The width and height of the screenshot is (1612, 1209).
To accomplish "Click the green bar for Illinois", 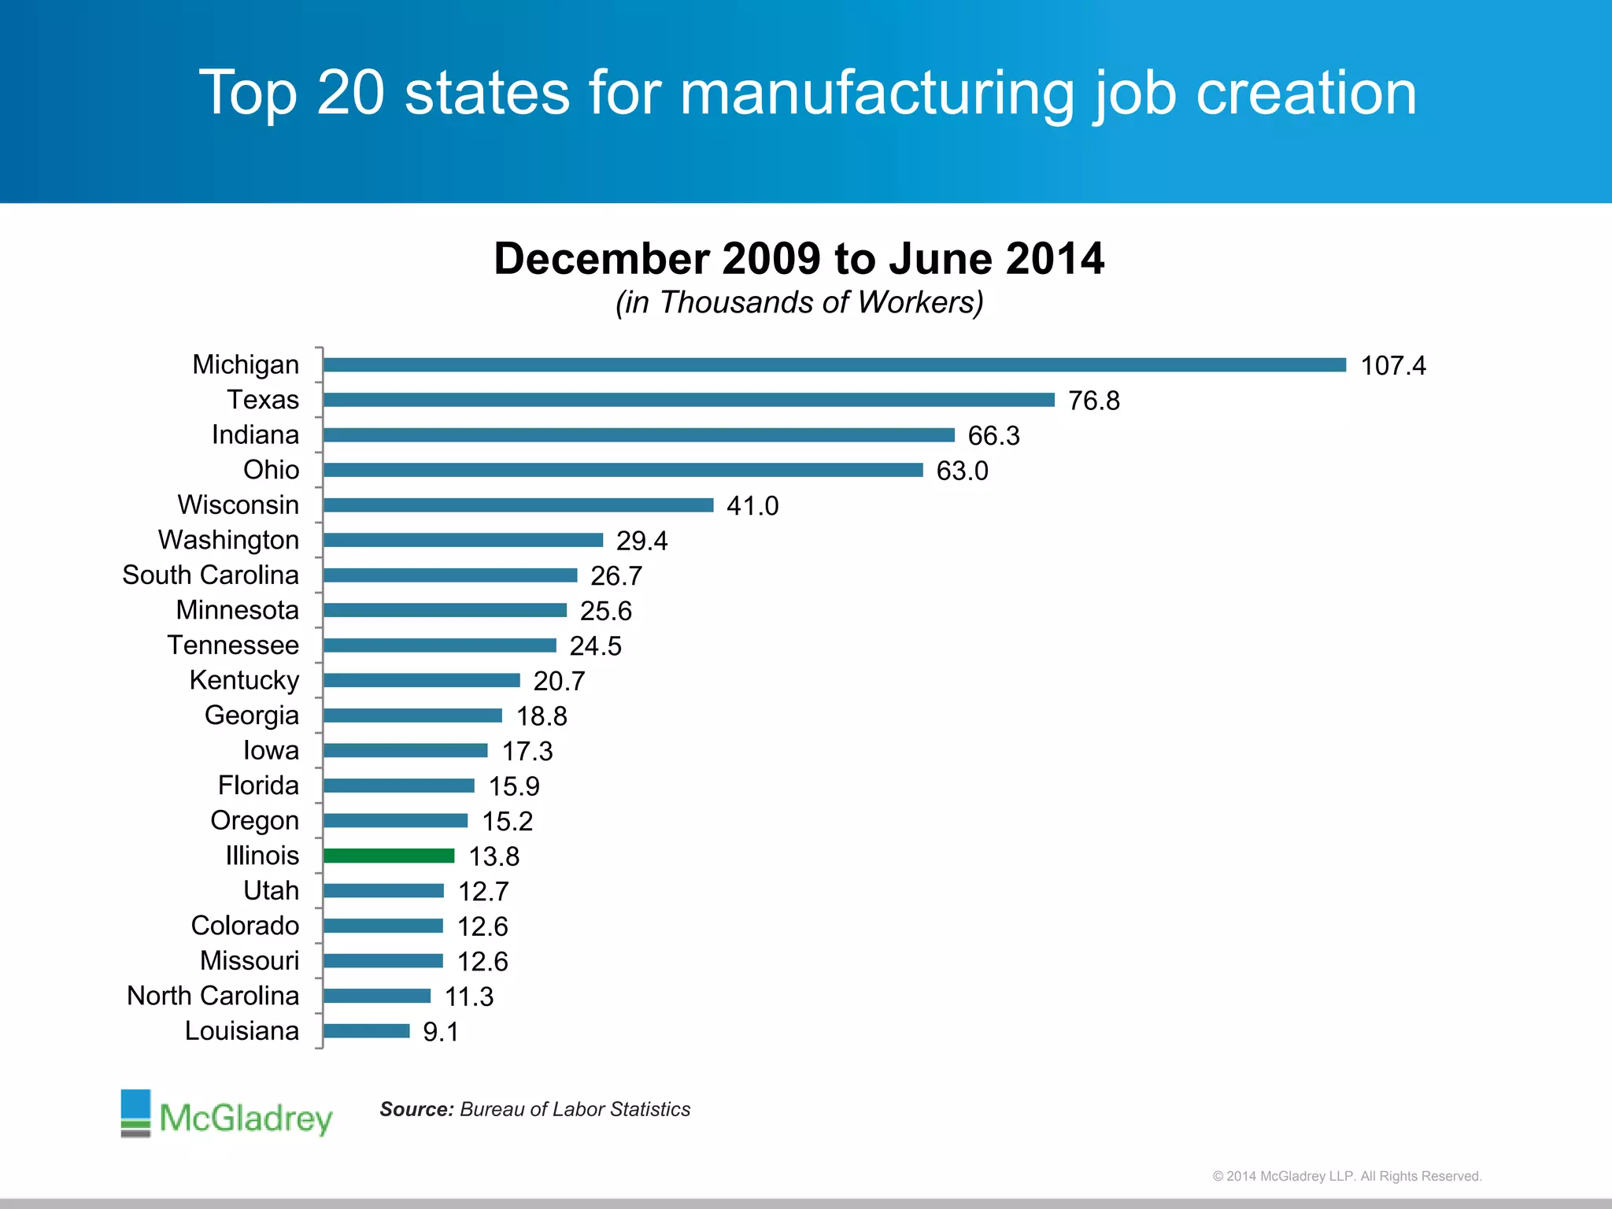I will [x=389, y=856].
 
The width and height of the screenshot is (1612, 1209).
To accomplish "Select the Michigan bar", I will [x=834, y=364].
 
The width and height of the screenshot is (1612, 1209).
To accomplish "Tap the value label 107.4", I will [x=1392, y=366].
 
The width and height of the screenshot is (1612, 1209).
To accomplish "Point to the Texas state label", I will [x=263, y=400].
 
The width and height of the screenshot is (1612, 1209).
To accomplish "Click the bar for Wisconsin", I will [x=518, y=505].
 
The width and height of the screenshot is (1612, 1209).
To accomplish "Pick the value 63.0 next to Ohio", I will [x=962, y=471].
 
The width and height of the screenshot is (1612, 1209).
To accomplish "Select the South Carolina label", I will [x=210, y=575].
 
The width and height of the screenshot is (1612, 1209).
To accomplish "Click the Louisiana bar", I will [x=367, y=1030].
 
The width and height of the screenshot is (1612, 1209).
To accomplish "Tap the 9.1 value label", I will [x=441, y=1032].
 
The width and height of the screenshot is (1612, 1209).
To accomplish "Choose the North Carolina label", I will [x=213, y=996].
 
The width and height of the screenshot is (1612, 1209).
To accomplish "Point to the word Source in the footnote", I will [x=416, y=1109].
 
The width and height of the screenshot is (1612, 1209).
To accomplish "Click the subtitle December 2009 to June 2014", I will [x=799, y=258].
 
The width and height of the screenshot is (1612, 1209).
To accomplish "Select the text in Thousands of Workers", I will [x=799, y=302].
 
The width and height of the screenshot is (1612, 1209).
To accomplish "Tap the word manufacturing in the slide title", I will [x=877, y=93].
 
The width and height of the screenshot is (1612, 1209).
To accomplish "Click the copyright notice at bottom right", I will [x=1347, y=1176].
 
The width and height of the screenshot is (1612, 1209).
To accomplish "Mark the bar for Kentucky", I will [x=422, y=680].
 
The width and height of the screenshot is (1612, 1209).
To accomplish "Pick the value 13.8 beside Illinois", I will [x=494, y=856].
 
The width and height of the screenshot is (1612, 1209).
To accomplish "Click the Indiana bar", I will [x=638, y=434].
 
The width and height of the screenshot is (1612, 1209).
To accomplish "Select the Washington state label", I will [x=228, y=540].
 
